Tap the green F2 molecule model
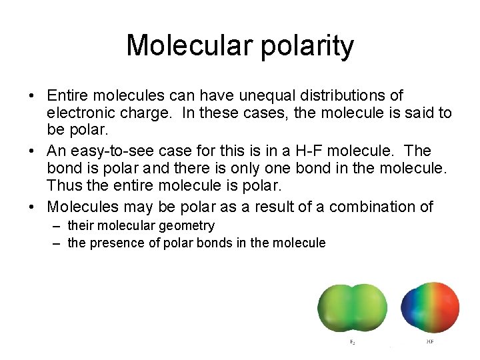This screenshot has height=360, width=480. click(x=352, y=309)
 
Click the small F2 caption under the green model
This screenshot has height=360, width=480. click(x=352, y=342)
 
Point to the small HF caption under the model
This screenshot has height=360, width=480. click(x=430, y=342)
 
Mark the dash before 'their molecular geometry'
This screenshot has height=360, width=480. click(x=57, y=227)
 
